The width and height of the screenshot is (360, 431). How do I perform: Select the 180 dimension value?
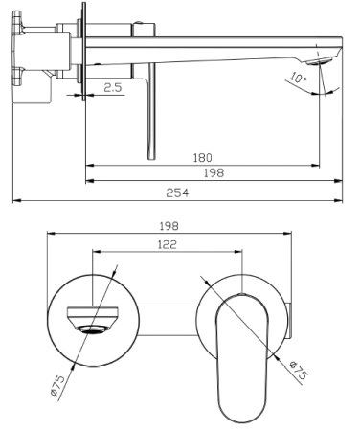click(x=201, y=156)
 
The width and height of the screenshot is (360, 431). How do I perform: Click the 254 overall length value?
click(x=177, y=192)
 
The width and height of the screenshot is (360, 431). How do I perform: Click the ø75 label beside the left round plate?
click(x=58, y=383)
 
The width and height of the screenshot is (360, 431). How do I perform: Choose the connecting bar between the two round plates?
click(x=163, y=323)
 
